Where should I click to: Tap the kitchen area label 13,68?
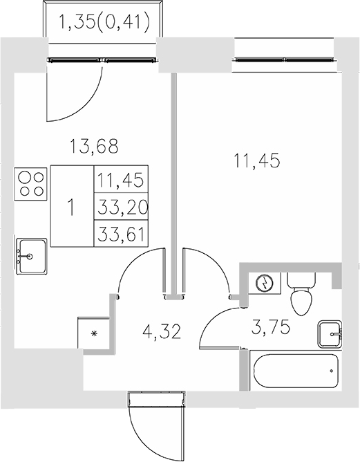coord(95,147)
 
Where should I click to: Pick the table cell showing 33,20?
coord(120,207)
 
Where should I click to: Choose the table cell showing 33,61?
coord(120,233)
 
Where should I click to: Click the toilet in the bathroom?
coord(301,295)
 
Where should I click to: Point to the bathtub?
coord(296,372)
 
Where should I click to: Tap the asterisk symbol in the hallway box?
coord(95,335)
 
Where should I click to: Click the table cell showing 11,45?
coord(120,181)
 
